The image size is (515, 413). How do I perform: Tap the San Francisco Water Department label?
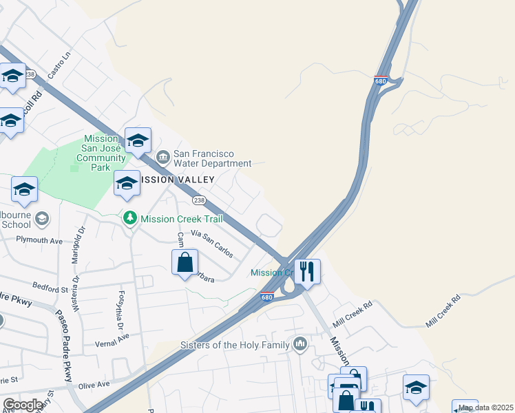pyautogui.click(x=212, y=158)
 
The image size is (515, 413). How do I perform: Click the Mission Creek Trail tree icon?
pyautogui.click(x=129, y=218)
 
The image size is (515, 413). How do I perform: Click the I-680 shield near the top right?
pyautogui.click(x=381, y=81)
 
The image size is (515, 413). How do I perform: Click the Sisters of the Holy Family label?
pyautogui.click(x=234, y=344)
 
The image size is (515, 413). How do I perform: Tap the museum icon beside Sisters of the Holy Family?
pyautogui.click(x=299, y=343)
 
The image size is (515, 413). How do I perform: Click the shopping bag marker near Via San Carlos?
pyautogui.click(x=185, y=262)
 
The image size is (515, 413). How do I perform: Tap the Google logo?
pyautogui.click(x=22, y=405)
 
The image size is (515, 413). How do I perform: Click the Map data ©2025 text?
pyautogui.click(x=486, y=407)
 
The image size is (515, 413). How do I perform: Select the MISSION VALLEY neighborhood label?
pyautogui.click(x=177, y=180)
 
